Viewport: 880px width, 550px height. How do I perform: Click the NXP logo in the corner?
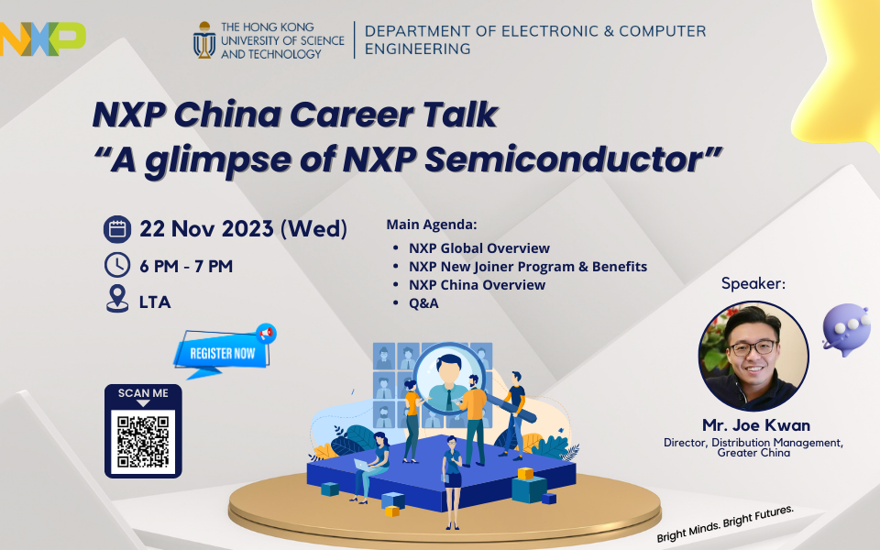coord(42,39)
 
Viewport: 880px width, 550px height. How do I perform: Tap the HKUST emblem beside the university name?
coord(204,39)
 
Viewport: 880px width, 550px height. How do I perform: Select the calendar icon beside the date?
coord(117,229)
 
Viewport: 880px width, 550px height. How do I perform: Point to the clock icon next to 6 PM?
coord(117,265)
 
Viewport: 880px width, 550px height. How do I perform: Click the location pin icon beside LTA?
coord(117,299)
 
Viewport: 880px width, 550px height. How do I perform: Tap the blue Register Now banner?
coord(222,352)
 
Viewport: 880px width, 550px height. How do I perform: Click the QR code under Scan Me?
coord(143,442)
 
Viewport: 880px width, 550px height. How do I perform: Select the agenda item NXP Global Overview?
coord(478,248)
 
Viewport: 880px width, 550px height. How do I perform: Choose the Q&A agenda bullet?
coord(423,303)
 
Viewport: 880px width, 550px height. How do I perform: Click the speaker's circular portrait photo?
coord(753,357)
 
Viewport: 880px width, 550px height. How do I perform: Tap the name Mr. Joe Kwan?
coord(756,424)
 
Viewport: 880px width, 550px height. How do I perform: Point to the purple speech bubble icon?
coord(846,329)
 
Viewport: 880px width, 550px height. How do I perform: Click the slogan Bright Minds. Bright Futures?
coord(725,523)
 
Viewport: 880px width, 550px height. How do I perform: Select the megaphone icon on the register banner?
coord(266,334)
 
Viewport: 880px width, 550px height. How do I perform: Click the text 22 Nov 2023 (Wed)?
coord(244,229)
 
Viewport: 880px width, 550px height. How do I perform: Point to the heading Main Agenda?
coord(432,225)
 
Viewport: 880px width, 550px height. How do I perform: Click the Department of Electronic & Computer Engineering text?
coord(535,39)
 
